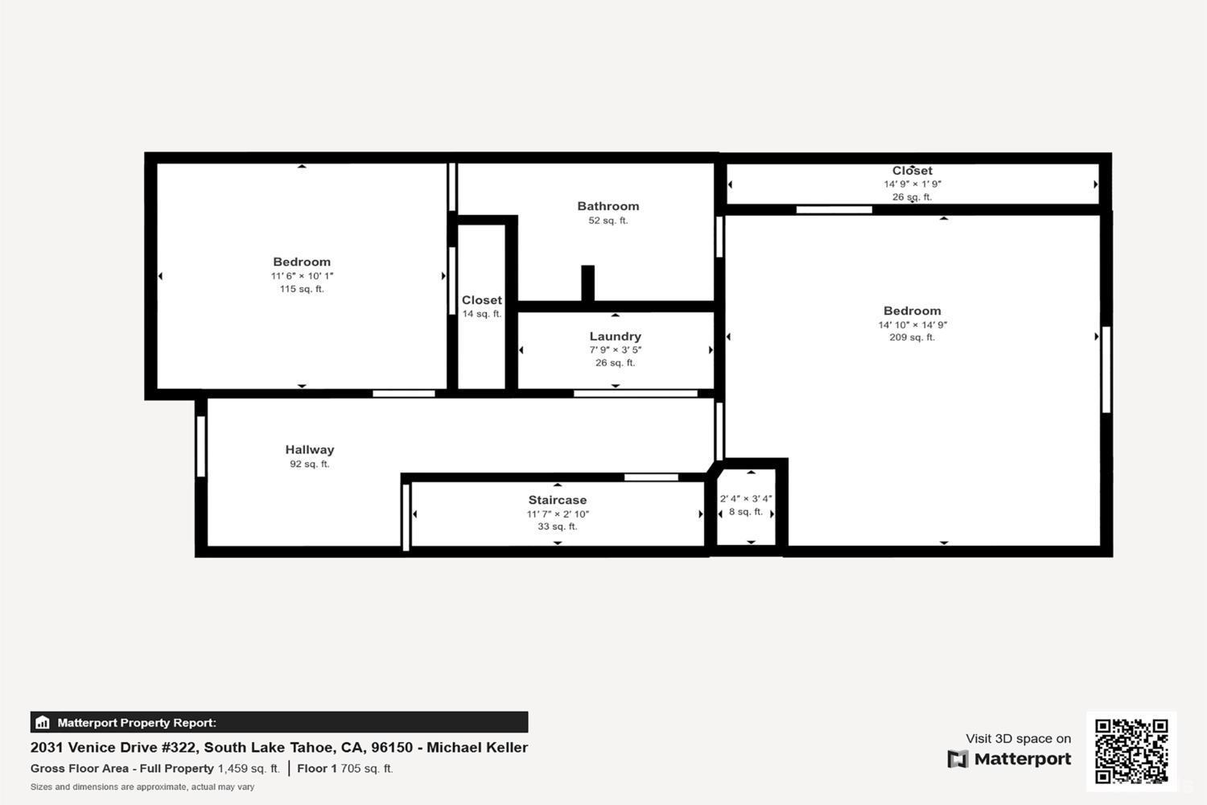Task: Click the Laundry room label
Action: pos(615,336)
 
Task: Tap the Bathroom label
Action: pos(608,206)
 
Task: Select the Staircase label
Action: pos(557,500)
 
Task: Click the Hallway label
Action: pos(309,450)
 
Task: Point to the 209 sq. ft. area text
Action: pos(912,337)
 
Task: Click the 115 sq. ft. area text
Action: pos(302,289)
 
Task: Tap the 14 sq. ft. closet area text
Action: pos(481,314)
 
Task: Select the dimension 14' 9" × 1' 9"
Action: pos(912,184)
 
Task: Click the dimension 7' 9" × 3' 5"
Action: pos(615,350)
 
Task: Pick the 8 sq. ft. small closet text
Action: pos(745,512)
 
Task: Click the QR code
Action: pos(1131,751)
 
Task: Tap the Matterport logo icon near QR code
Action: pos(958,759)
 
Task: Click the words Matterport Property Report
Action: pos(136,723)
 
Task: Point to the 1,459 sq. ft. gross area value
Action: pos(249,769)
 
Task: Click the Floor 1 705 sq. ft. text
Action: pos(344,769)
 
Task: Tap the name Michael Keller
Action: pos(476,747)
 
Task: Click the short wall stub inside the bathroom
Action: pos(588,283)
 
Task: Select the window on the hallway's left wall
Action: pos(201,447)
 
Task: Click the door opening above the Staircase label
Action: pos(651,477)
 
